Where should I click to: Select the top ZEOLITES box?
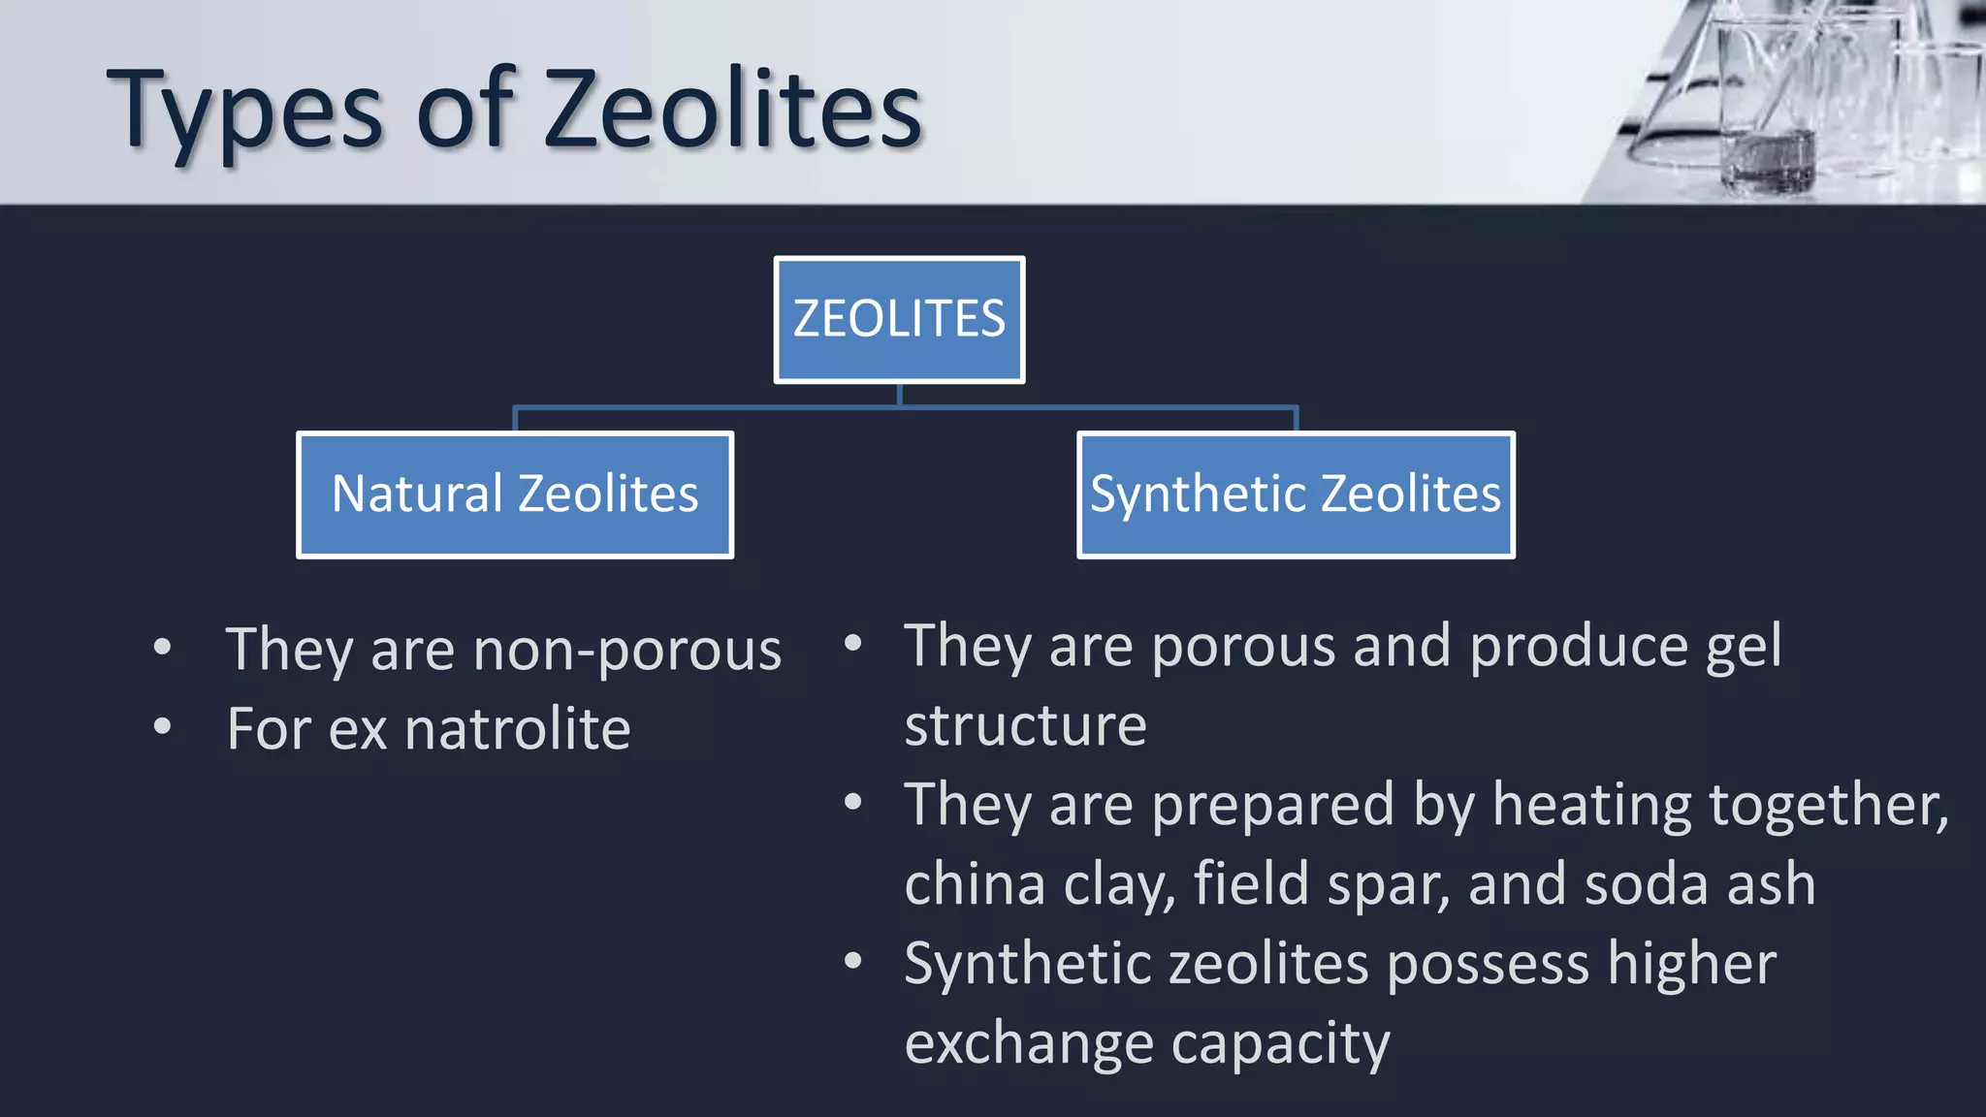899,320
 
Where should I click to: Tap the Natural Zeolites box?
515,495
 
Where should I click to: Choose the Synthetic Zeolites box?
1296,495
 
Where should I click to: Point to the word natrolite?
518,729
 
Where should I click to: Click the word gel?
1743,647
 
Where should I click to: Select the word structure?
1025,725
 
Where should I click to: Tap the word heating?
1591,806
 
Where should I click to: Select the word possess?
1488,965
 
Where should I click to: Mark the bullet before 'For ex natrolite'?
162,726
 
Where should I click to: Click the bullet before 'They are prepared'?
852,803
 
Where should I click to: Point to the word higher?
1691,965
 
